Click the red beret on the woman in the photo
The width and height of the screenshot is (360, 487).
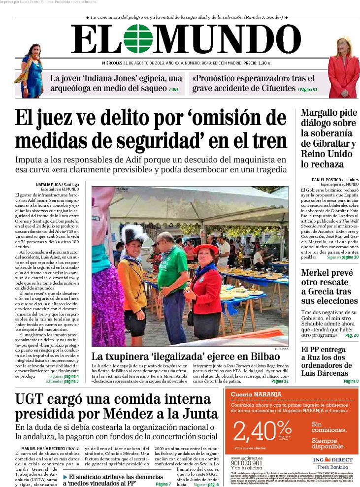click(206, 248)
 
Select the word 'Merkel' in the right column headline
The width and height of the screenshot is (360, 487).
click(319, 273)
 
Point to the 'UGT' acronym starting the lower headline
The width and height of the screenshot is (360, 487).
click(31, 399)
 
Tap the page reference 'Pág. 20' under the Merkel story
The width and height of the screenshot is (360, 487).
click(352, 335)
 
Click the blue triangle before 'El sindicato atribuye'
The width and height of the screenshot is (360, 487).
click(65, 477)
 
